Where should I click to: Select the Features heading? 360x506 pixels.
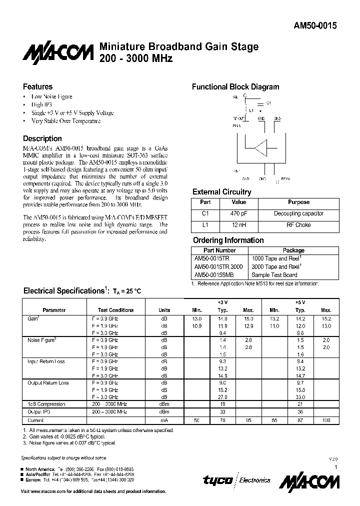(37, 86)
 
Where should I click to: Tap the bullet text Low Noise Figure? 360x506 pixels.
(51, 96)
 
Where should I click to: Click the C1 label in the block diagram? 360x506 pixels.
(268, 103)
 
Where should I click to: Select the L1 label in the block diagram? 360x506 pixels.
(251, 110)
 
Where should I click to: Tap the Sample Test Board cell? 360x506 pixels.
(274, 275)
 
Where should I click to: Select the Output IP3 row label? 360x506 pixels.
(39, 411)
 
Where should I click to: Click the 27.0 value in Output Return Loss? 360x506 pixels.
(222, 396)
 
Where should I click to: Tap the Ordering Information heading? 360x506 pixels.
(228, 240)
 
